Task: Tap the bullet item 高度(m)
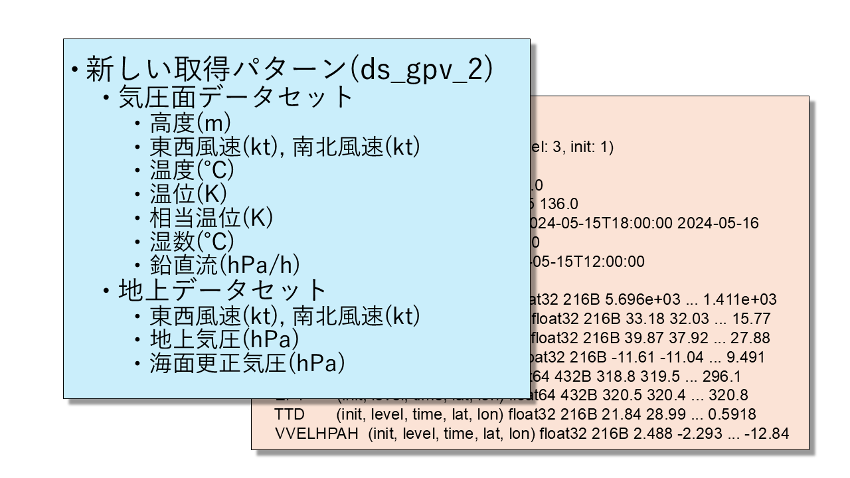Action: click(191, 123)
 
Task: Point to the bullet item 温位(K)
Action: click(189, 194)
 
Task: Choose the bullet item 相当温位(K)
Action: click(212, 218)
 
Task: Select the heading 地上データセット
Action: click(222, 290)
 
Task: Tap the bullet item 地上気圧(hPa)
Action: click(224, 339)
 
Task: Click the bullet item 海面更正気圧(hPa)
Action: click(248, 363)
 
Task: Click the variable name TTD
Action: click(289, 415)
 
